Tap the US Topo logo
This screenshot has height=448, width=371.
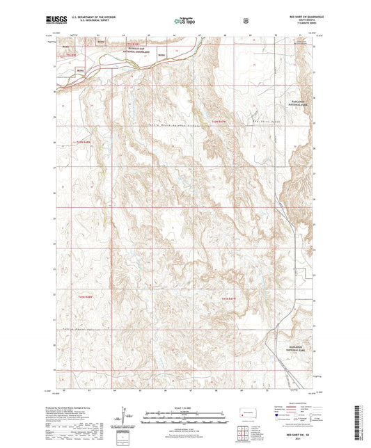(x=184, y=22)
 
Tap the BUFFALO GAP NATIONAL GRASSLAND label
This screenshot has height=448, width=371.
(x=143, y=50)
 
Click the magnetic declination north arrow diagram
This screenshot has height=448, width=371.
(x=126, y=416)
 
